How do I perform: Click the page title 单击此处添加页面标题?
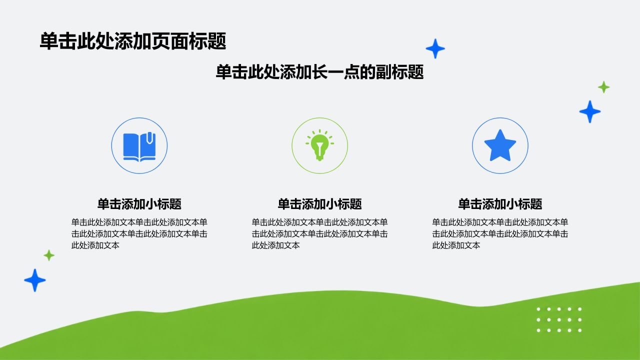coord(133,41)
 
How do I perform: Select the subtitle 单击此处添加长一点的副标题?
coord(319,71)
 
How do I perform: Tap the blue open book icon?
coord(139,147)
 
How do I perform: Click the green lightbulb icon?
coord(319,145)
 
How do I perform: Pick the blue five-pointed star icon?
coord(500,145)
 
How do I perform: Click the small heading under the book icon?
coord(139,204)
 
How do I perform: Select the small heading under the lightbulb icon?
coord(319,204)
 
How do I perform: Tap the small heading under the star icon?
coord(500,204)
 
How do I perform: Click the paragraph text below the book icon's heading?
coord(139,233)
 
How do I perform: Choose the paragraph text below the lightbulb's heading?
coord(319,233)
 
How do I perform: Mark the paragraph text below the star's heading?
coord(500,233)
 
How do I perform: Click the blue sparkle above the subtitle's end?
coord(435,48)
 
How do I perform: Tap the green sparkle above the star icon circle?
coord(603,87)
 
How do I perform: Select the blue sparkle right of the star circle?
coord(590,111)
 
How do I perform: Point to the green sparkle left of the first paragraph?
coord(49,255)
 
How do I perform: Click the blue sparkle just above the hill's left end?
coord(35,280)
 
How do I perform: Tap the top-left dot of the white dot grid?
coord(538,309)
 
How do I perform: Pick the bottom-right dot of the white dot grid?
coord(579,330)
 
